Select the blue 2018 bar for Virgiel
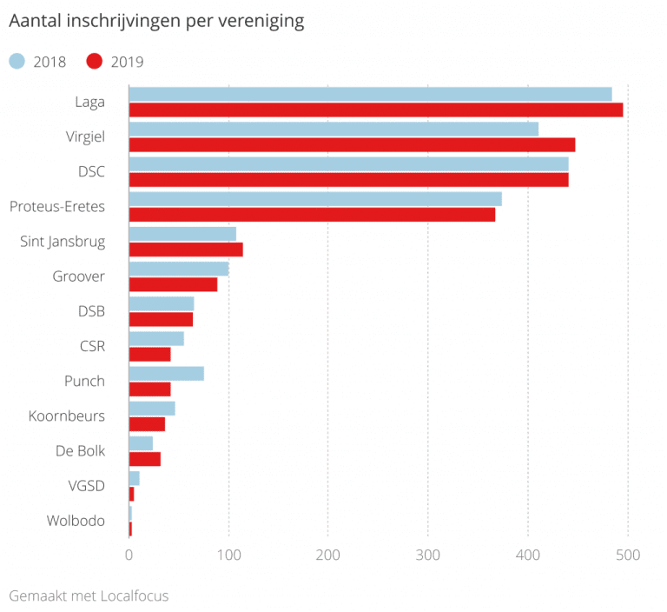pos(333,129)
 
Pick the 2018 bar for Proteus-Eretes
pos(315,198)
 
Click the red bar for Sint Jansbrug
pos(186,249)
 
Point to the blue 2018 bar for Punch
pos(166,373)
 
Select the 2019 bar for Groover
pos(173,284)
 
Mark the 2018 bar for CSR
pos(156,338)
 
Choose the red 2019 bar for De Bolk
pos(144,459)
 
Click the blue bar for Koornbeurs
pos(152,408)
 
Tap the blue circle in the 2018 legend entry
pos(17,61)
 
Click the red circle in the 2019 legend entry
pos(95,61)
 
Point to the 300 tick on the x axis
pos(427,555)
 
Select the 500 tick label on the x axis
pos(627,555)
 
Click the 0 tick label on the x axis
pos(129,555)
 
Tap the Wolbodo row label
pos(76,521)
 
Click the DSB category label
pos(91,310)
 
